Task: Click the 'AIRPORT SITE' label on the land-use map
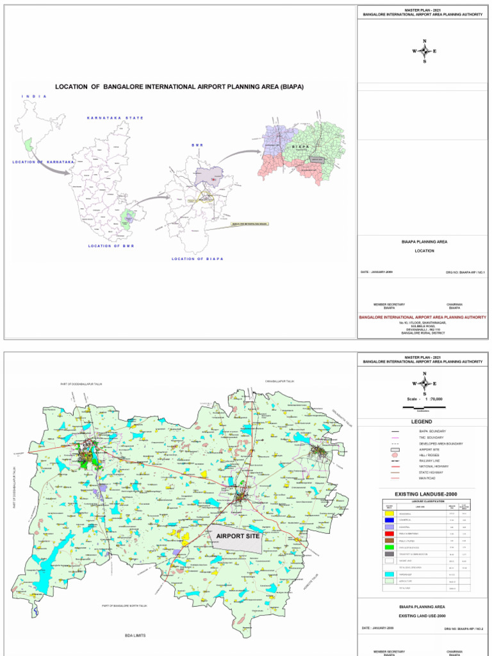coord(238,536)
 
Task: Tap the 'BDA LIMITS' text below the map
coord(135,635)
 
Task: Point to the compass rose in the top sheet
coord(424,51)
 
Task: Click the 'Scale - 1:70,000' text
coord(424,399)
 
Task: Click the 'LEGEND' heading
coord(422,422)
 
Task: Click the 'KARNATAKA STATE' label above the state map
coord(115,118)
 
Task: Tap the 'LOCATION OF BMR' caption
coord(111,246)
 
